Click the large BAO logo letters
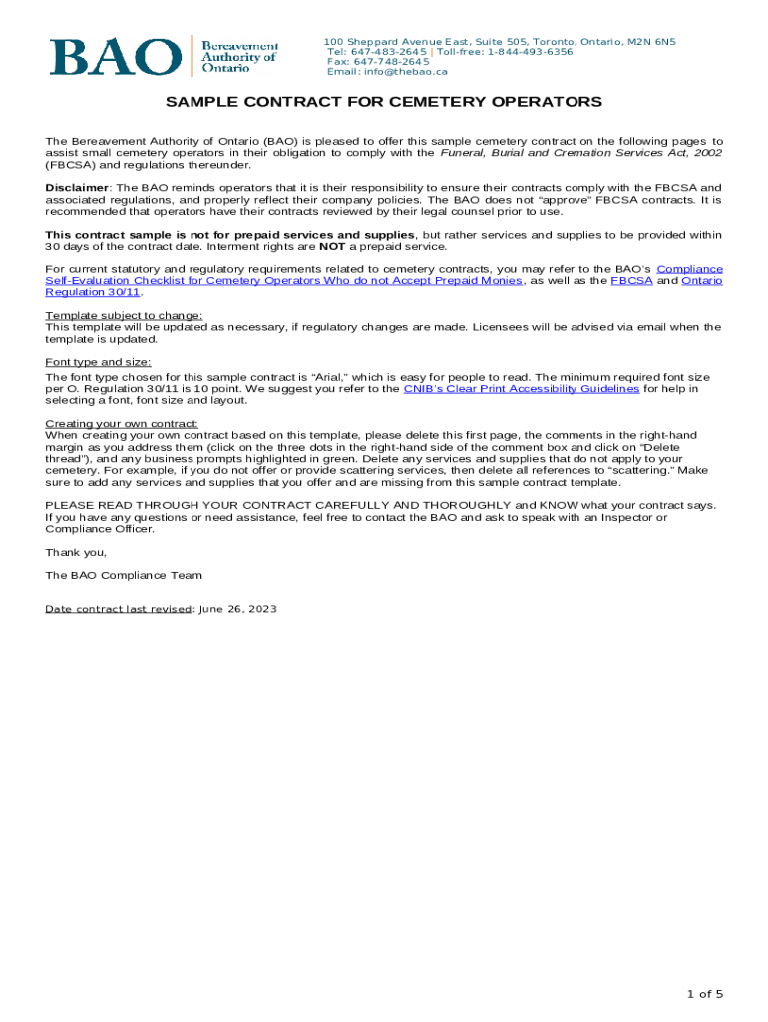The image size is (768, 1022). click(112, 57)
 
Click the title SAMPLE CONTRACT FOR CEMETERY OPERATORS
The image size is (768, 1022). click(383, 102)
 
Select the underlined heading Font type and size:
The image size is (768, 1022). click(98, 362)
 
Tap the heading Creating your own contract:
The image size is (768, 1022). click(122, 424)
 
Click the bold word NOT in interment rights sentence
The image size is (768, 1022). click(331, 246)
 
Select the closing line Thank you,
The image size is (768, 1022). click(76, 552)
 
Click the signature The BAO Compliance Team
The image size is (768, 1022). click(124, 575)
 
